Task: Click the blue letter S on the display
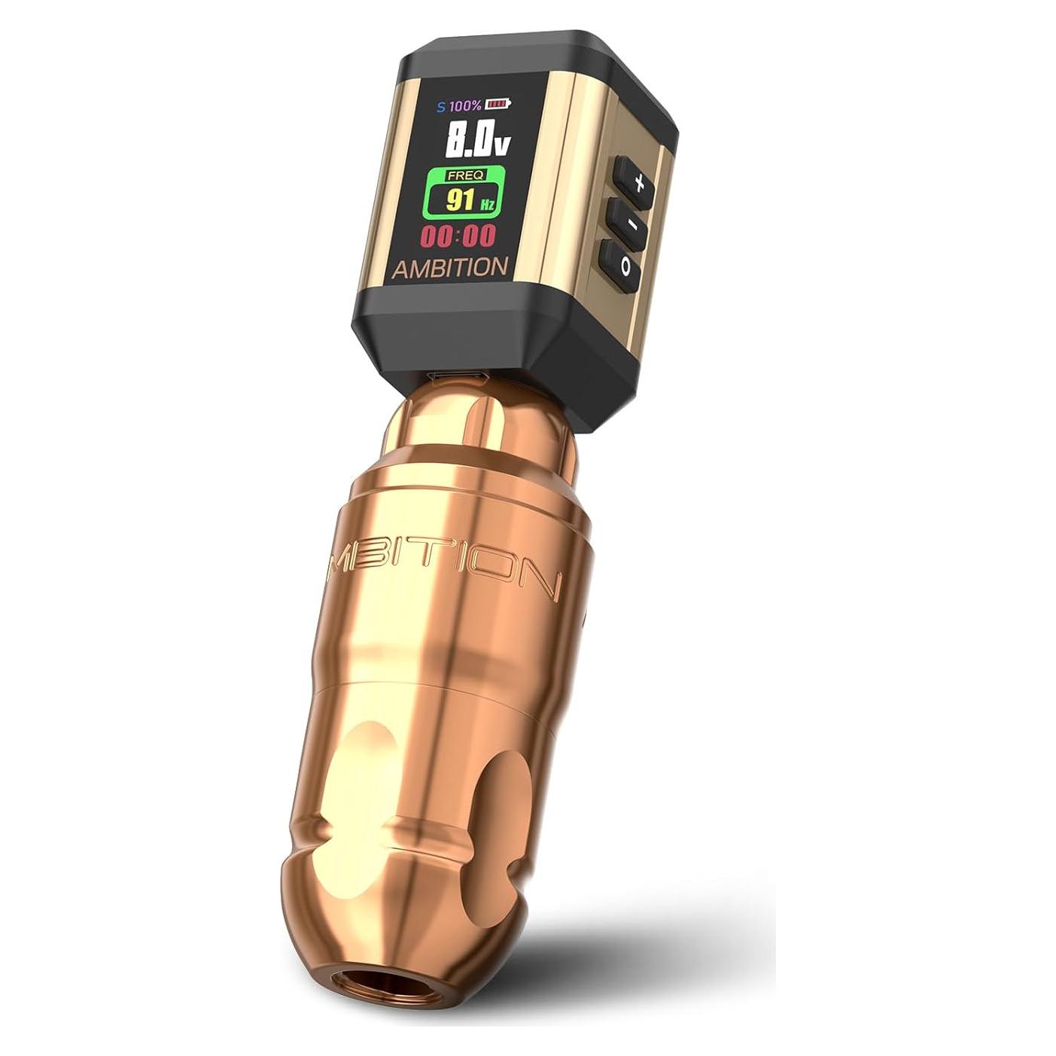[441, 106]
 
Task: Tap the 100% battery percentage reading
[466, 105]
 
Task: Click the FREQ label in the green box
[466, 175]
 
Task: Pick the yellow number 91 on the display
[460, 200]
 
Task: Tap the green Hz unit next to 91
[487, 204]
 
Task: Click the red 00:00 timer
[458, 236]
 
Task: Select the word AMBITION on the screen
[450, 268]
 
